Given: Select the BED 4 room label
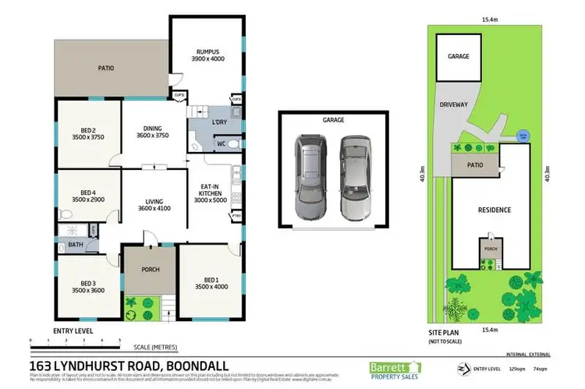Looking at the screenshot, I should tap(87, 195).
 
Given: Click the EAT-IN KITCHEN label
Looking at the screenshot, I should tap(210, 190).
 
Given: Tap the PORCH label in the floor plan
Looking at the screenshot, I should tap(150, 270).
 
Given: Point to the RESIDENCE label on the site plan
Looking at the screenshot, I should tap(495, 210).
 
